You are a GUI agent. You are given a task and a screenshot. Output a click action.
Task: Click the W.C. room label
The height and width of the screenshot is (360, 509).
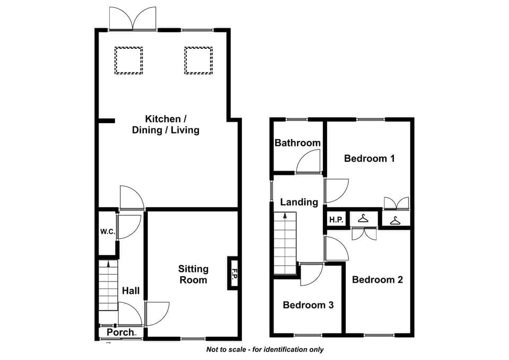[108, 232]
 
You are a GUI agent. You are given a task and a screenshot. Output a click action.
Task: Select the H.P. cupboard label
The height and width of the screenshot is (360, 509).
[336, 220]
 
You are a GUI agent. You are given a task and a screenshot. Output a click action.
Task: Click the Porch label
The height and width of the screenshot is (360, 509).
[120, 332]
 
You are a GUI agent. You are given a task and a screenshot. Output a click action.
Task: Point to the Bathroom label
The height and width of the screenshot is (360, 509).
[297, 143]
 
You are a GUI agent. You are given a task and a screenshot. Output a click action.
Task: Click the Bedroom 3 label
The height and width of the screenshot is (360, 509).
[308, 305]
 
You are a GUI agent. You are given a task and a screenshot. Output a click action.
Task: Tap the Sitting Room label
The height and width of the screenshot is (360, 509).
[193, 274]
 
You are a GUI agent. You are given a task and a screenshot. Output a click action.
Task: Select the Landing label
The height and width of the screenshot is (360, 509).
[299, 202]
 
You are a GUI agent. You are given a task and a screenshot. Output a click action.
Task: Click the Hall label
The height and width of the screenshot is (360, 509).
[131, 291]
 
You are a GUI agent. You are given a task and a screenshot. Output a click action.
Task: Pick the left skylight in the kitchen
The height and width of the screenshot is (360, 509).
[128, 60]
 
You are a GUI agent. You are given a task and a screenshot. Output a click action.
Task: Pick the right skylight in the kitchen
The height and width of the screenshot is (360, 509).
[198, 60]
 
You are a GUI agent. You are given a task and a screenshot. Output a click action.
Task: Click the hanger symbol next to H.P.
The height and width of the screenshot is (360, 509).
[363, 218]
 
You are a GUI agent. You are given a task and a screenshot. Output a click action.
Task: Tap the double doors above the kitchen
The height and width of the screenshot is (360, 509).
[133, 19]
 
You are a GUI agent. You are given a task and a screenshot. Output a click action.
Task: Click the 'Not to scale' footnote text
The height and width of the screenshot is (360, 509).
[265, 349]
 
